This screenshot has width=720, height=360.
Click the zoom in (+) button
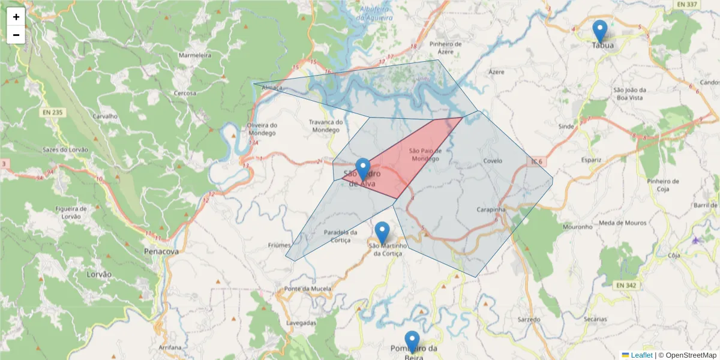[16, 17]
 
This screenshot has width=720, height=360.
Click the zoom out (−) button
[16, 35]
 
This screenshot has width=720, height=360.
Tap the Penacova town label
[161, 251]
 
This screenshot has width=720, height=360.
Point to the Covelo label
[492, 161]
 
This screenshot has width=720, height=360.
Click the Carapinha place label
[491, 210]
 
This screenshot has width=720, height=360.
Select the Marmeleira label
[195, 55]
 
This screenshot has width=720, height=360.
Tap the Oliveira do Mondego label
[262, 128]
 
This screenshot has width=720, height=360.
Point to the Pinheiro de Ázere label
[445, 48]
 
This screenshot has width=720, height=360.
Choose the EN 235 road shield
[53, 112]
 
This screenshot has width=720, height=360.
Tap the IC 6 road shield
[536, 162]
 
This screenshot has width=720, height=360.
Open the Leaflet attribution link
[641, 355]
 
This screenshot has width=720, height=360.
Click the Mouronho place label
[578, 227]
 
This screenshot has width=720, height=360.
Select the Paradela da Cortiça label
[340, 236]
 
